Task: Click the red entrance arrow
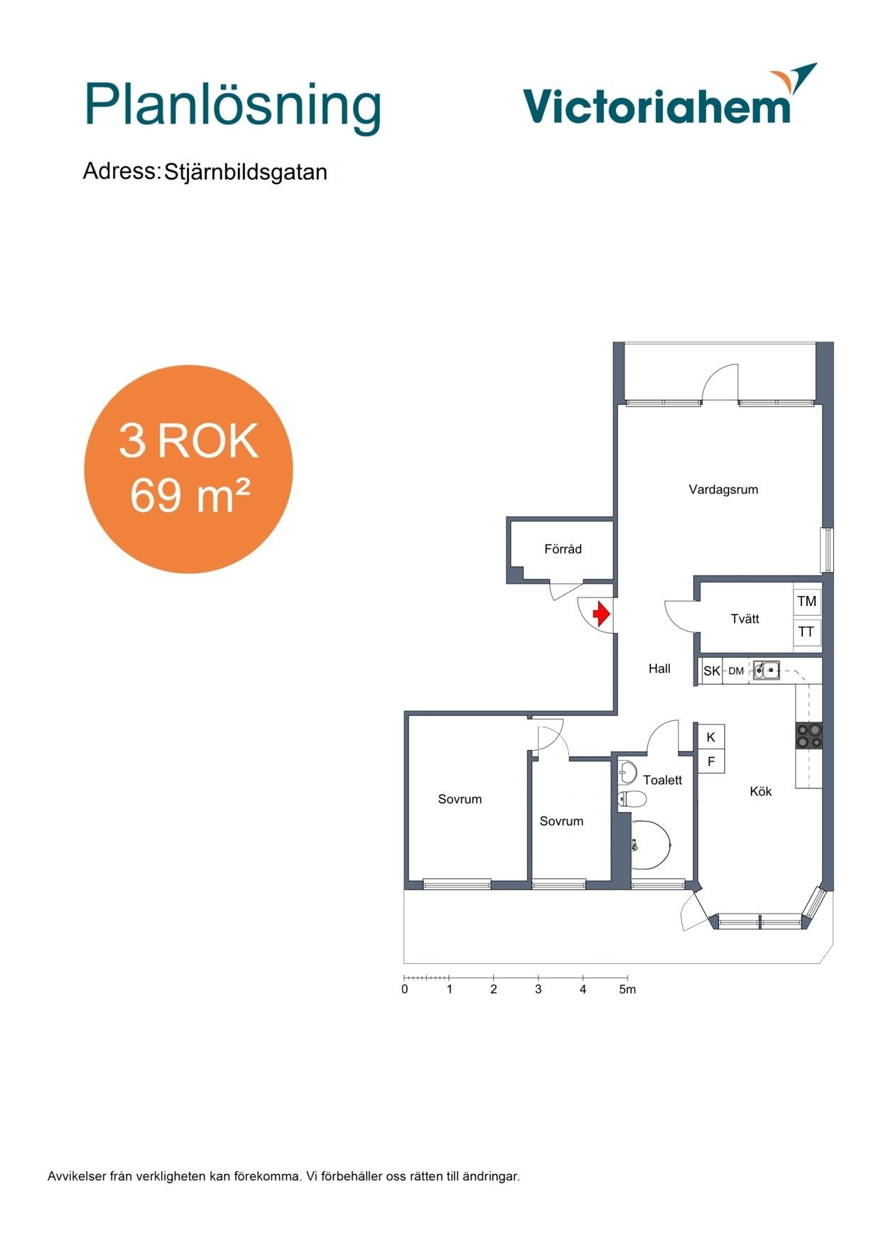[x=602, y=614]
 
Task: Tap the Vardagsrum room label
[x=723, y=489]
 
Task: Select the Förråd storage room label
[x=563, y=548]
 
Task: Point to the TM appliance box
[x=807, y=601]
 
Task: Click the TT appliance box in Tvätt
[x=807, y=632]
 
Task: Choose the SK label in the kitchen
[x=711, y=671]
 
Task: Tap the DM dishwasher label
[x=736, y=671]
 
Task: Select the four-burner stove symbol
[x=809, y=735]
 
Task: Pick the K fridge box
[x=711, y=737]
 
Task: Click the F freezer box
[x=711, y=762]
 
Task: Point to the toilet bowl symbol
[x=632, y=799]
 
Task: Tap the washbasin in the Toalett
[x=627, y=771]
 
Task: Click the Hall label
[x=659, y=668]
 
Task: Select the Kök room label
[x=760, y=791]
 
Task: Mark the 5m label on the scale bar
[x=627, y=989]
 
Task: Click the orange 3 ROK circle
[x=188, y=469]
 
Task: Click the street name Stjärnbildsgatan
[x=246, y=172]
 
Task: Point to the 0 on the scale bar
[x=405, y=989]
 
